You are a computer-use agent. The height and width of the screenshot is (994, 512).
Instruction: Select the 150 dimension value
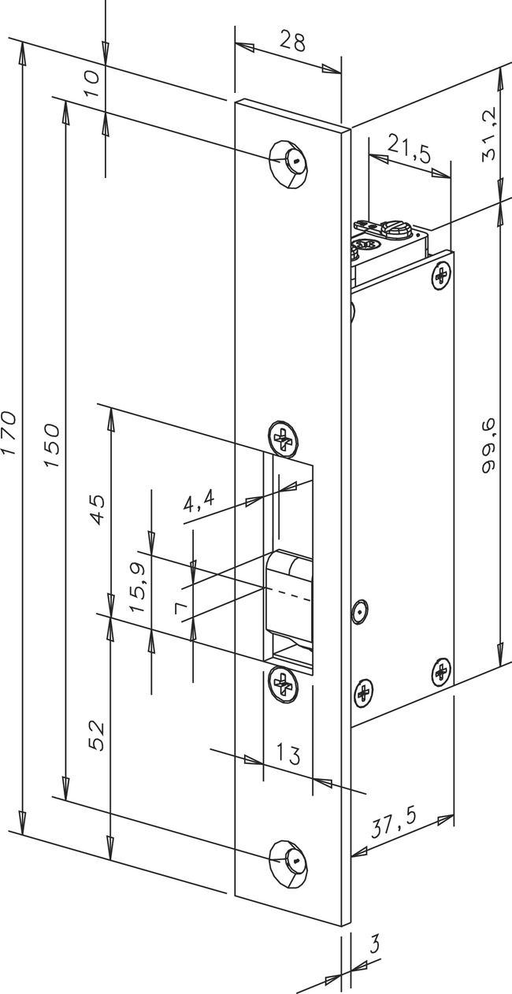pos(51,445)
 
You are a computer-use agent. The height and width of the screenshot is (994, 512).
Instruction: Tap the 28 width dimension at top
pos(291,42)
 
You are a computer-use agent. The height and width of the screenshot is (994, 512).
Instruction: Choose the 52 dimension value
pos(96,735)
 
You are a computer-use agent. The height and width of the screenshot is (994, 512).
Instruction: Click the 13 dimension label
pos(288,755)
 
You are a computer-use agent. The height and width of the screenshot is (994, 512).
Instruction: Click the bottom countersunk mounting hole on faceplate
pos(288,860)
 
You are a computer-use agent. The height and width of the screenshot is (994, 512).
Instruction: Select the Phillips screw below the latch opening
pos(282,681)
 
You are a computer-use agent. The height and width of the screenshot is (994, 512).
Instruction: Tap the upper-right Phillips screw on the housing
pos(442,276)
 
